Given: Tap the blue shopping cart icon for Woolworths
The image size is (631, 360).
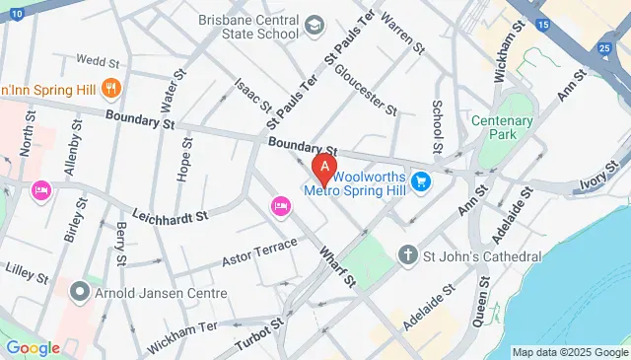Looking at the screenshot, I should coord(421,181).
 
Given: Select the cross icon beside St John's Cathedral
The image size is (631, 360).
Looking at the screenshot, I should coord(407,256).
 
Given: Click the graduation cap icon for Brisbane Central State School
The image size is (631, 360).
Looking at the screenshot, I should coord(314,24).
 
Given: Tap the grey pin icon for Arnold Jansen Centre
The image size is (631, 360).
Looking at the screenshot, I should coord(80,292).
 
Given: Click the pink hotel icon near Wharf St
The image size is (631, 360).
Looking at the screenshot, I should coord(279,205).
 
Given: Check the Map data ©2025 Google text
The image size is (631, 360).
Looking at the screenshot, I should coord(569,352).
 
